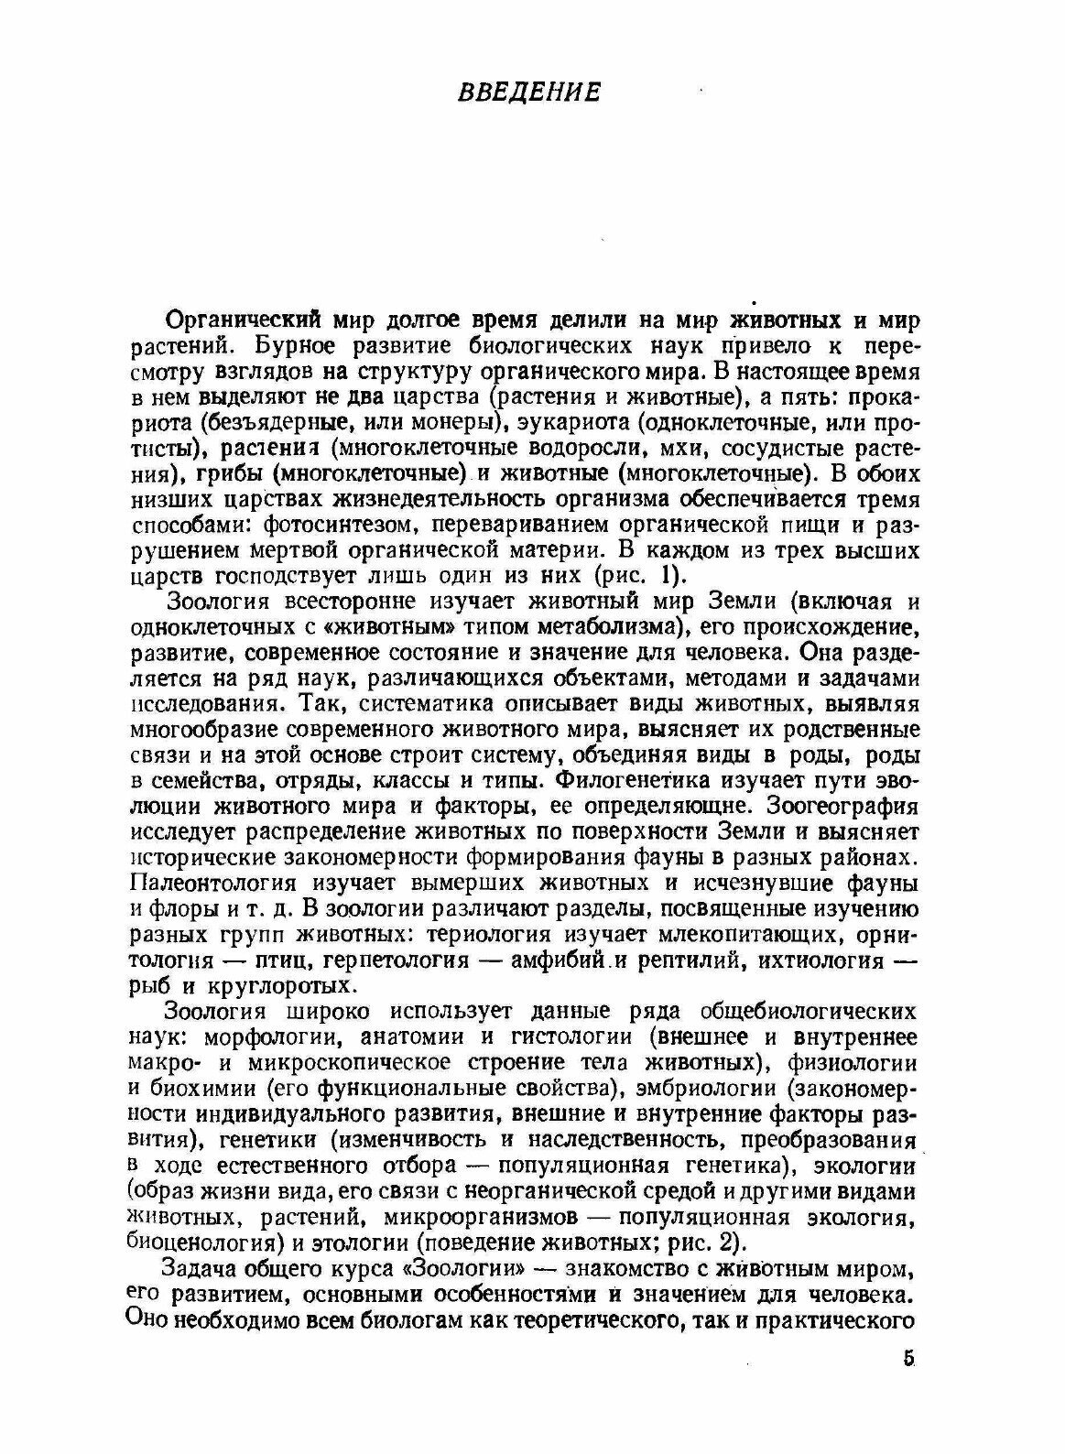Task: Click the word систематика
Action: pyautogui.click(x=424, y=705)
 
